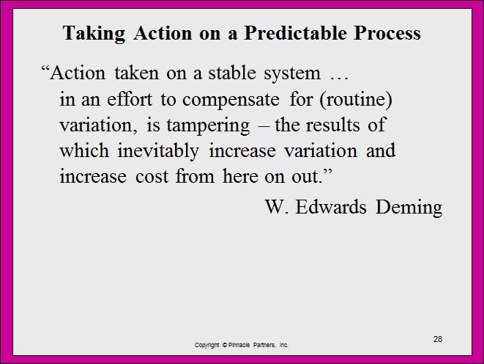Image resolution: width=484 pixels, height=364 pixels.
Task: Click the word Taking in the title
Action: pyautogui.click(x=94, y=34)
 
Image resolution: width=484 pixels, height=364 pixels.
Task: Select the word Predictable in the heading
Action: pyautogui.click(x=295, y=32)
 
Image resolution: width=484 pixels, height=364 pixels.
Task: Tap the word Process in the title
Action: pyautogui.click(x=387, y=32)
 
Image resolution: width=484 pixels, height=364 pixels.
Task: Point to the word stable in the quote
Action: pyautogui.click(x=232, y=73)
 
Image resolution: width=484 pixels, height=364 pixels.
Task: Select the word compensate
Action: pyautogui.click(x=231, y=101)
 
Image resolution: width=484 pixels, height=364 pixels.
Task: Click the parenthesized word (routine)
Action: pyautogui.click(x=356, y=100)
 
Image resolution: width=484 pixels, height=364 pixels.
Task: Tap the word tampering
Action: pyautogui.click(x=208, y=126)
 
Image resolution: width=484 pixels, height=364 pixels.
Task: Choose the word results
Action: pyautogui.click(x=332, y=125)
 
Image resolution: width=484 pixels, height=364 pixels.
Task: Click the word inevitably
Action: pyautogui.click(x=158, y=151)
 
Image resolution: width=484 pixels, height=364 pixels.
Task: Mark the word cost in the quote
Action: pyautogui.click(x=152, y=177)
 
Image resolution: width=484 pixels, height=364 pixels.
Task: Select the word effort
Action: pyautogui.click(x=130, y=99)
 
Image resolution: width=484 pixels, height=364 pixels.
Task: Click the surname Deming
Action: pyautogui.click(x=409, y=208)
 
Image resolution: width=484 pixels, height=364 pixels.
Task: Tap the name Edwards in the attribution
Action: pyautogui.click(x=331, y=207)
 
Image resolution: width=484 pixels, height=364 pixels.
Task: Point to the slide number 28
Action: pyautogui.click(x=438, y=339)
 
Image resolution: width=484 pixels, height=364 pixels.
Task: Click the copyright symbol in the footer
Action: pyautogui.click(x=224, y=344)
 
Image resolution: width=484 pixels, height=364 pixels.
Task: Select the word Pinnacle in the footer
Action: pyautogui.click(x=239, y=344)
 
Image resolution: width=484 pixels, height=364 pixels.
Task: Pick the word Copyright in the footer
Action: pyautogui.click(x=206, y=345)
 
